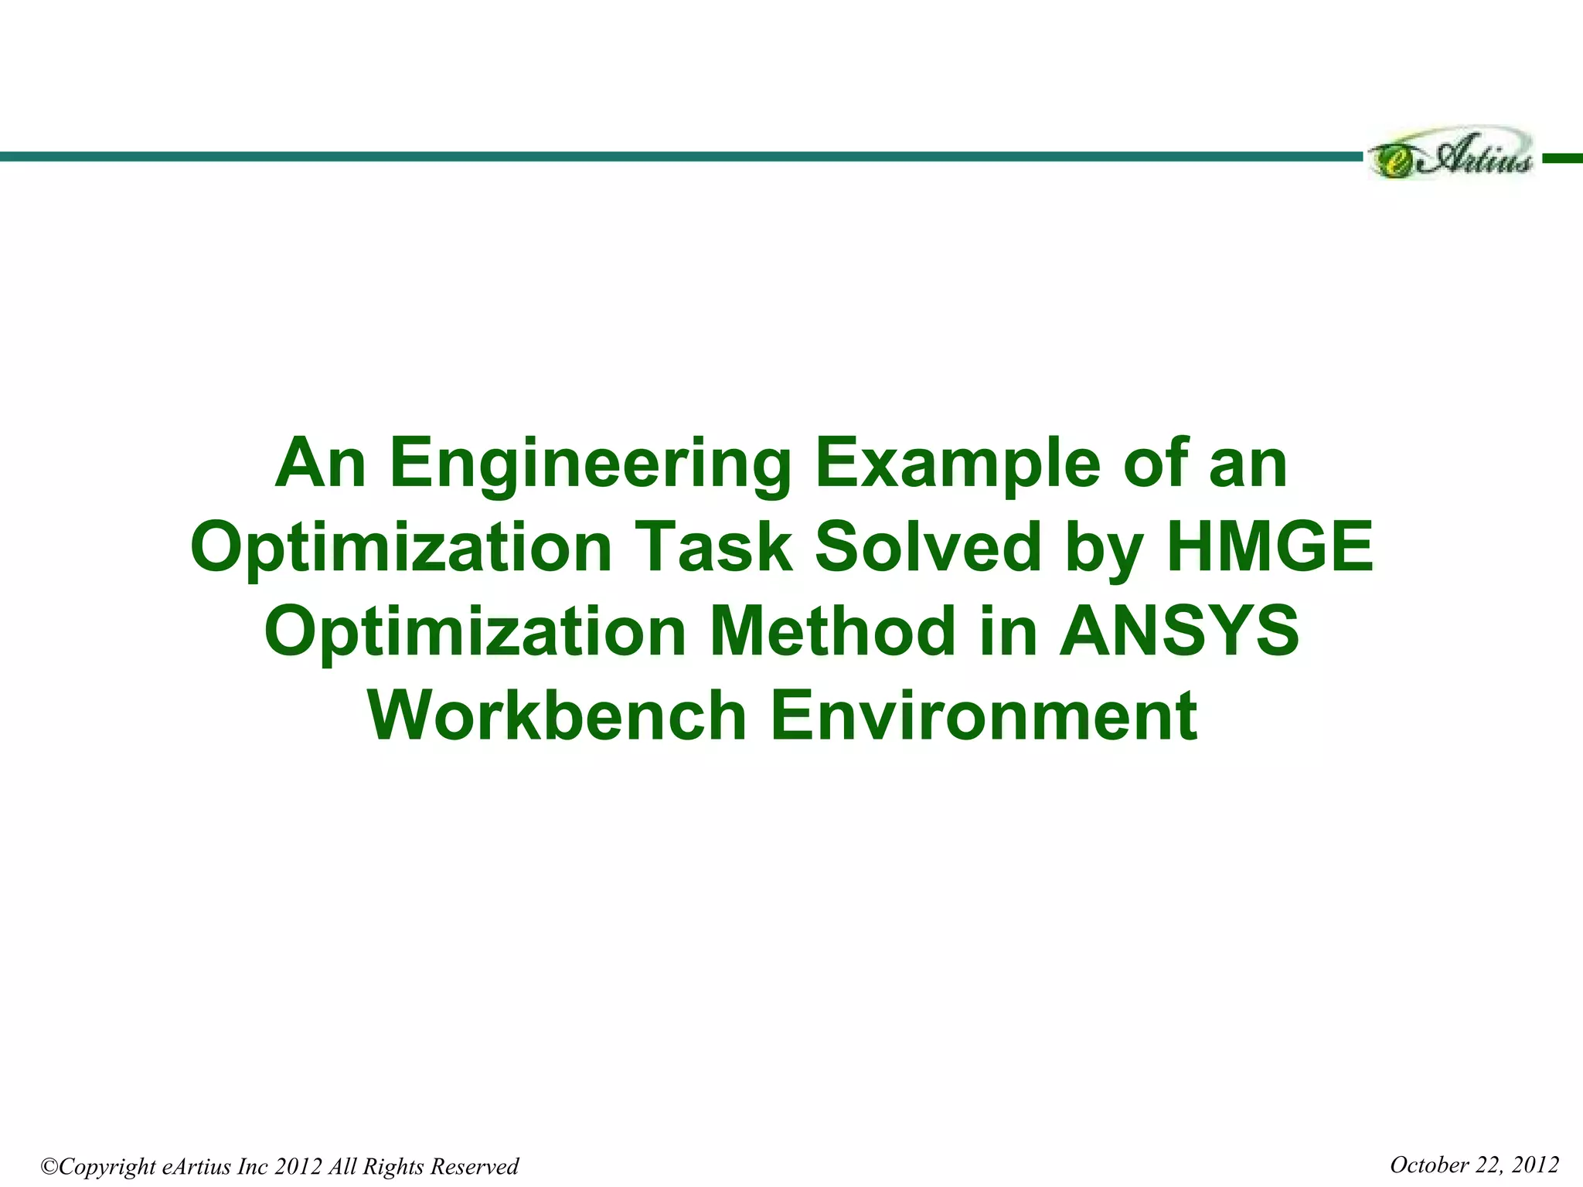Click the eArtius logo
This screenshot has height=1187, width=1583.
[x=1451, y=157]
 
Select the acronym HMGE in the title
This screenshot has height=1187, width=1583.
[x=1270, y=547]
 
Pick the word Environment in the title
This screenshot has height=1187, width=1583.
[x=983, y=715]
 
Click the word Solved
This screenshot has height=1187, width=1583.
[x=928, y=547]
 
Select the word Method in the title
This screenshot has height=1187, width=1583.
[x=832, y=631]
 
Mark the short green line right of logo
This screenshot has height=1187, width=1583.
[x=1562, y=158]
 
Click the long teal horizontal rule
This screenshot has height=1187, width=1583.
[x=680, y=157]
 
